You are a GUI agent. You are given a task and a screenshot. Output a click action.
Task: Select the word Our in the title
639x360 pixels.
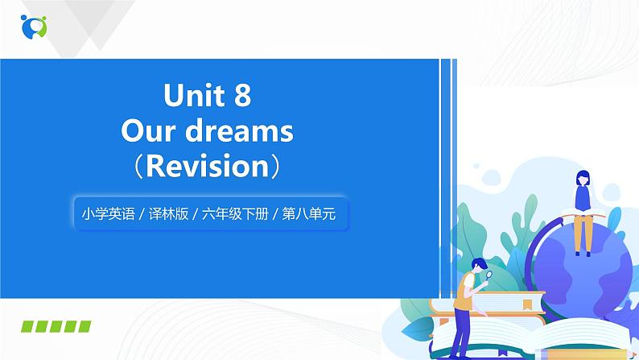point(148,130)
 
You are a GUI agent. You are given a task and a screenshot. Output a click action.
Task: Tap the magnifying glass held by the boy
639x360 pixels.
point(489,275)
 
